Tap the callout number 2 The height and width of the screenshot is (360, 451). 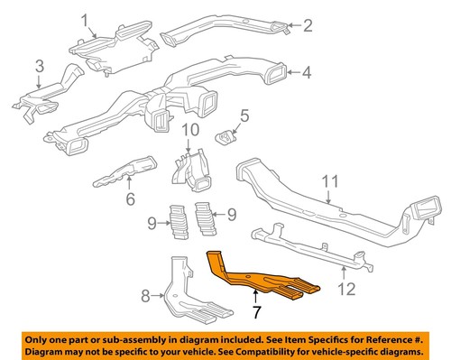pyautogui.click(x=307, y=25)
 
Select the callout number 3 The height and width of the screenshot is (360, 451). pyautogui.click(x=39, y=66)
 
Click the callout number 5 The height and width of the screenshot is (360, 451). pyautogui.click(x=243, y=115)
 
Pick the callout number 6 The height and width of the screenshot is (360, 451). pyautogui.click(x=130, y=200)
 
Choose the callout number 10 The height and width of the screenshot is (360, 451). pyautogui.click(x=189, y=133)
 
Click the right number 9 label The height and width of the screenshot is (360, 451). pyautogui.click(x=230, y=216)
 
